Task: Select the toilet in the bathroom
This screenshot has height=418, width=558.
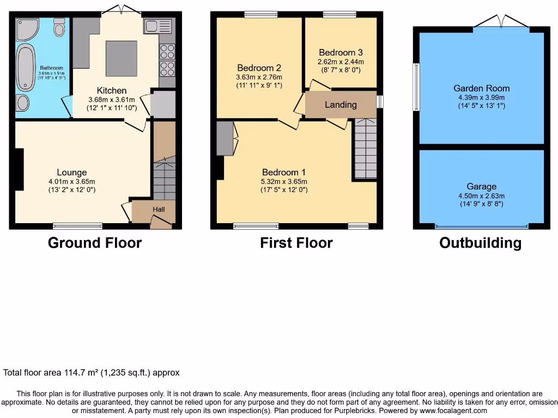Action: (59, 28)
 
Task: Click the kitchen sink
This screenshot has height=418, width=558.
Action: (159, 26)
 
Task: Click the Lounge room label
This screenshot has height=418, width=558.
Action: (71, 173)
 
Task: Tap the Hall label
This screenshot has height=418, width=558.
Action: (159, 209)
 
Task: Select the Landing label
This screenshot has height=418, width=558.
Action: (341, 104)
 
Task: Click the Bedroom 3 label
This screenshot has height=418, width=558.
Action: (341, 53)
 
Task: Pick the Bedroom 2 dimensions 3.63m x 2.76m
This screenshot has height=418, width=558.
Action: (259, 77)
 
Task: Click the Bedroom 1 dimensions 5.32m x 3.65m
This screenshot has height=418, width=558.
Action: (284, 182)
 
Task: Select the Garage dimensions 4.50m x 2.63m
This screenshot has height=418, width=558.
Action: (481, 196)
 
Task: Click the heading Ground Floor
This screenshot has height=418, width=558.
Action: (95, 243)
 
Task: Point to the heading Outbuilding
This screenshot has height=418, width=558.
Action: (480, 243)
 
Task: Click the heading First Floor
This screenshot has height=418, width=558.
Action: (296, 243)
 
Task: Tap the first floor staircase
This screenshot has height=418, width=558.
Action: (365, 150)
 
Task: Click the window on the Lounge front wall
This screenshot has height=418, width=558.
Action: (77, 225)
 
